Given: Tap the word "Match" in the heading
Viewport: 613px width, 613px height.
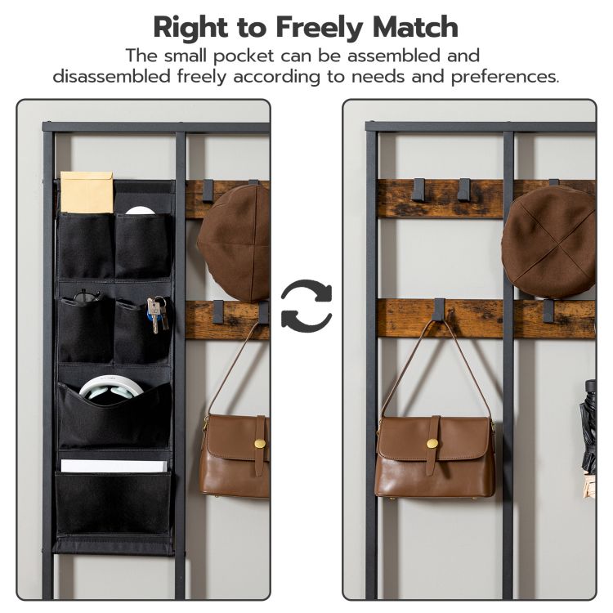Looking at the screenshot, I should [415, 27].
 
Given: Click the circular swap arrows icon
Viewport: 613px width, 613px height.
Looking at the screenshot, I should [306, 306].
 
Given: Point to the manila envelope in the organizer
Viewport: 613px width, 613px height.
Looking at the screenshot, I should [86, 192].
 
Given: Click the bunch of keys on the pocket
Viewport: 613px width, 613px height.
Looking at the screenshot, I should [157, 314].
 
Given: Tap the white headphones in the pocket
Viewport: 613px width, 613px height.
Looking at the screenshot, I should [113, 390].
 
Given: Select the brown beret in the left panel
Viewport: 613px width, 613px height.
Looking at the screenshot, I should [235, 242].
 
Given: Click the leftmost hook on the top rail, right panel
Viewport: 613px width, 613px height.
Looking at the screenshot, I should [419, 190].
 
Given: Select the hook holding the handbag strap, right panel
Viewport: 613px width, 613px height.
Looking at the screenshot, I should [440, 309].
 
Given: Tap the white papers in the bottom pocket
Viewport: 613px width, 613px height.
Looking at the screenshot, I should [113, 466].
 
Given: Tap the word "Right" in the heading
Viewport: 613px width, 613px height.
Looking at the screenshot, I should [191, 27].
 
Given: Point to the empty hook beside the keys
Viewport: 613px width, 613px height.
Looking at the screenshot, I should [217, 311].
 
